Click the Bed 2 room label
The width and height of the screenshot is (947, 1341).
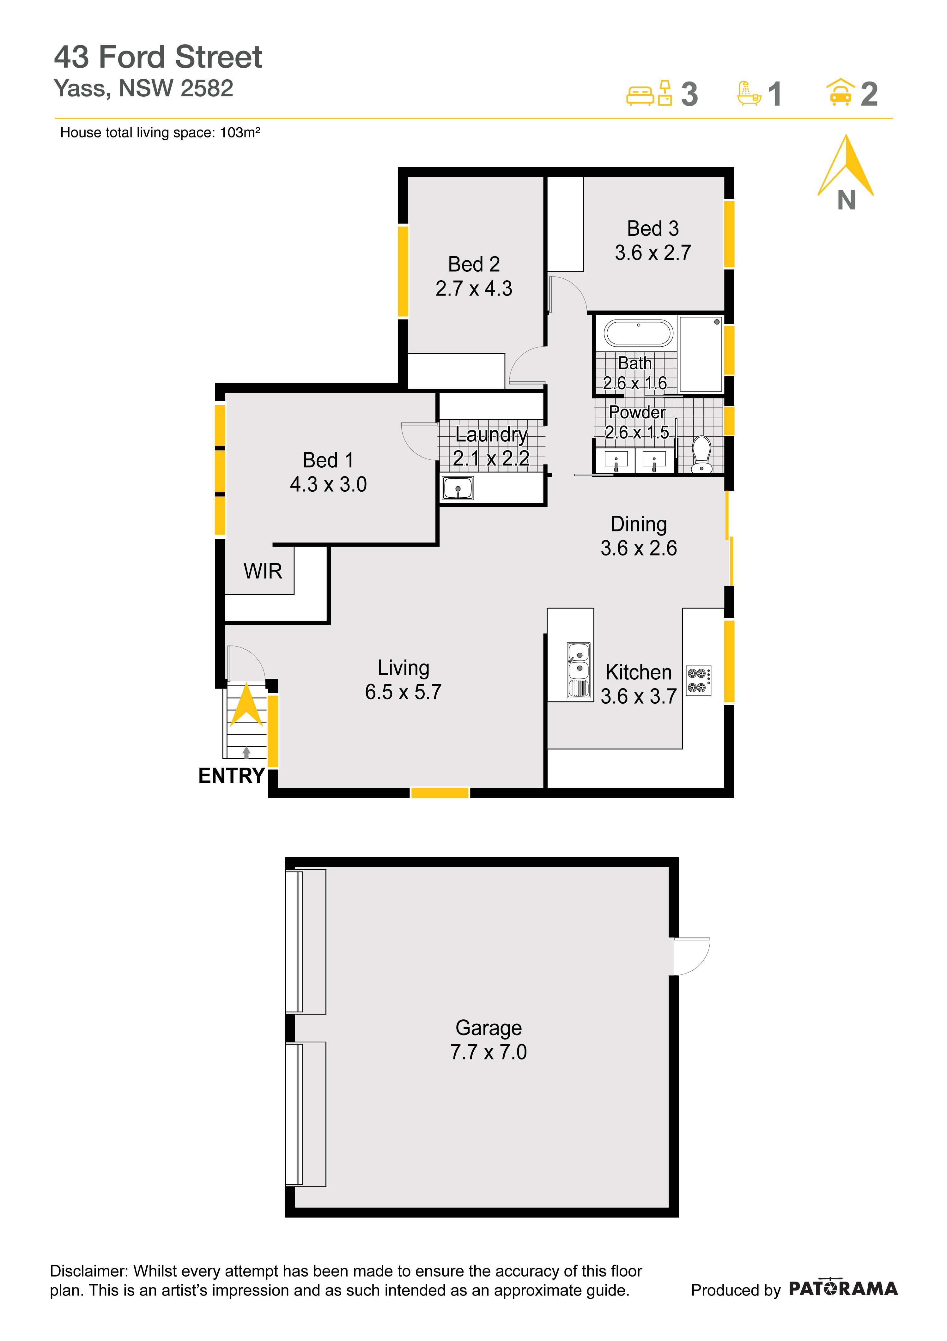(x=474, y=264)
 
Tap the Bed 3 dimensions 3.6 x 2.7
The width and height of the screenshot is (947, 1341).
(x=653, y=252)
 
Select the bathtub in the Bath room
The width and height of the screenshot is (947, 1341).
(x=639, y=333)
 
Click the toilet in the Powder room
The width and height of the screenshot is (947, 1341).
(x=701, y=454)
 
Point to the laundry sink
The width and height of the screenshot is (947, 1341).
(x=458, y=488)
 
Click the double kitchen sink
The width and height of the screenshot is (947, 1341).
(x=578, y=670)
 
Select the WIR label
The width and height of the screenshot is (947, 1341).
(x=263, y=571)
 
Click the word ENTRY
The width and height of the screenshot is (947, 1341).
(x=231, y=776)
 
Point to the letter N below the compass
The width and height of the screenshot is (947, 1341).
(x=846, y=200)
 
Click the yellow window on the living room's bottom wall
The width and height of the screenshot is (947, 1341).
(x=440, y=792)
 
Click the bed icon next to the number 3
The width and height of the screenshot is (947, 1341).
(x=640, y=95)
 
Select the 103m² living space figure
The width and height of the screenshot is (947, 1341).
(x=240, y=133)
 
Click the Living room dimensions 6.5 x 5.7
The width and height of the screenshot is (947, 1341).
(x=403, y=692)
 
